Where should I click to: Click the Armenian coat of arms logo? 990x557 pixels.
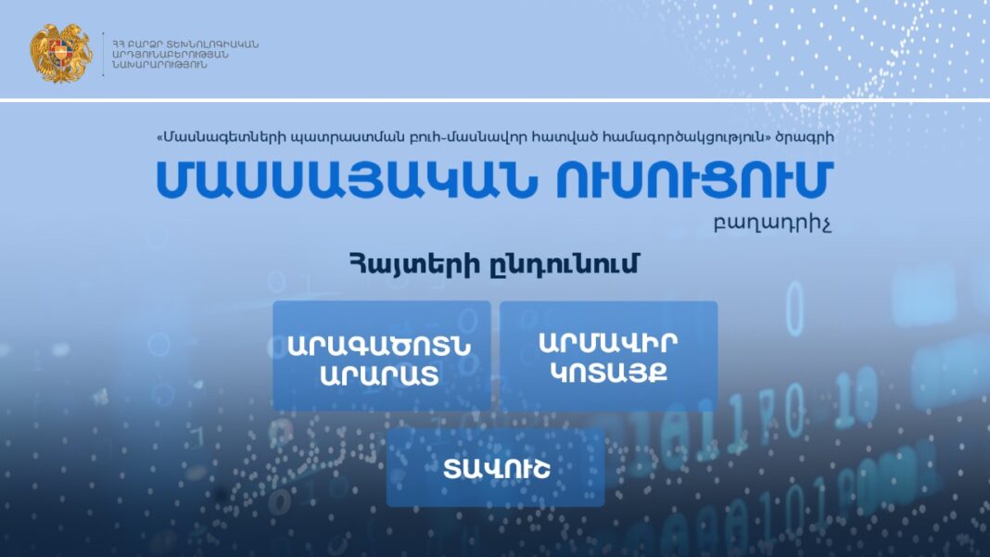(x=60, y=54)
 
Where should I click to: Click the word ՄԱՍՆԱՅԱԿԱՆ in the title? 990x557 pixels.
(x=347, y=180)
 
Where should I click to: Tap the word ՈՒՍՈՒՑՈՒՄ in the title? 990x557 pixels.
(x=694, y=180)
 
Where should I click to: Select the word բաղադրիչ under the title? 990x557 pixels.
(x=772, y=224)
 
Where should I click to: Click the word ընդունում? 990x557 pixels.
(x=565, y=265)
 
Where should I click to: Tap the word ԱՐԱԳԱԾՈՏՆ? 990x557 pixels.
(x=379, y=346)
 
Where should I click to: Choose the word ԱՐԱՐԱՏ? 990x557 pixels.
(x=379, y=375)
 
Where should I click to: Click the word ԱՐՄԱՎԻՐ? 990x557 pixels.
(x=608, y=342)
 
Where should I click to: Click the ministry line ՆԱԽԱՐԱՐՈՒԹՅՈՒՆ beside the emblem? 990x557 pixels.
(x=159, y=65)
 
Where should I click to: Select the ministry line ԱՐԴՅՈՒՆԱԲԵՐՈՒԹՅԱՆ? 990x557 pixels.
(x=170, y=55)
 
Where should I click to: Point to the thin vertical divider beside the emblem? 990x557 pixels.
(x=103, y=55)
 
